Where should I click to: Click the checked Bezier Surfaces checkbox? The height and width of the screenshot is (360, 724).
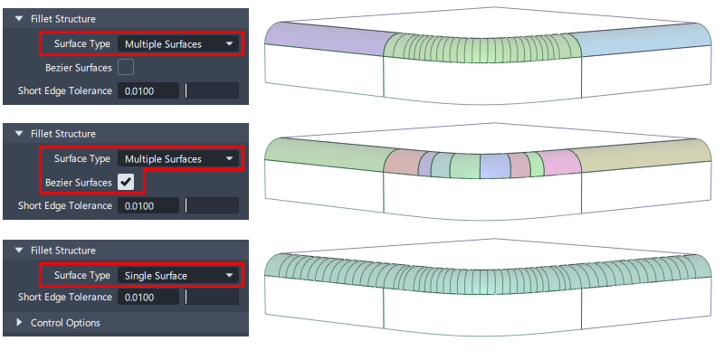coord(126,182)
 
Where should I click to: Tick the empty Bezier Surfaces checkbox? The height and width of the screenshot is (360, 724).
coord(126,67)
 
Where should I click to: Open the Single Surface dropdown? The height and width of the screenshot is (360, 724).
coord(177,276)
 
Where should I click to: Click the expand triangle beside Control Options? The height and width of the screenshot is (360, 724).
coord(19,322)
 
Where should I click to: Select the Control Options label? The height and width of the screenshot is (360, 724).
coord(65,323)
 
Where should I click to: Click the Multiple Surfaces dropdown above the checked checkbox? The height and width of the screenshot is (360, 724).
coord(177,159)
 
